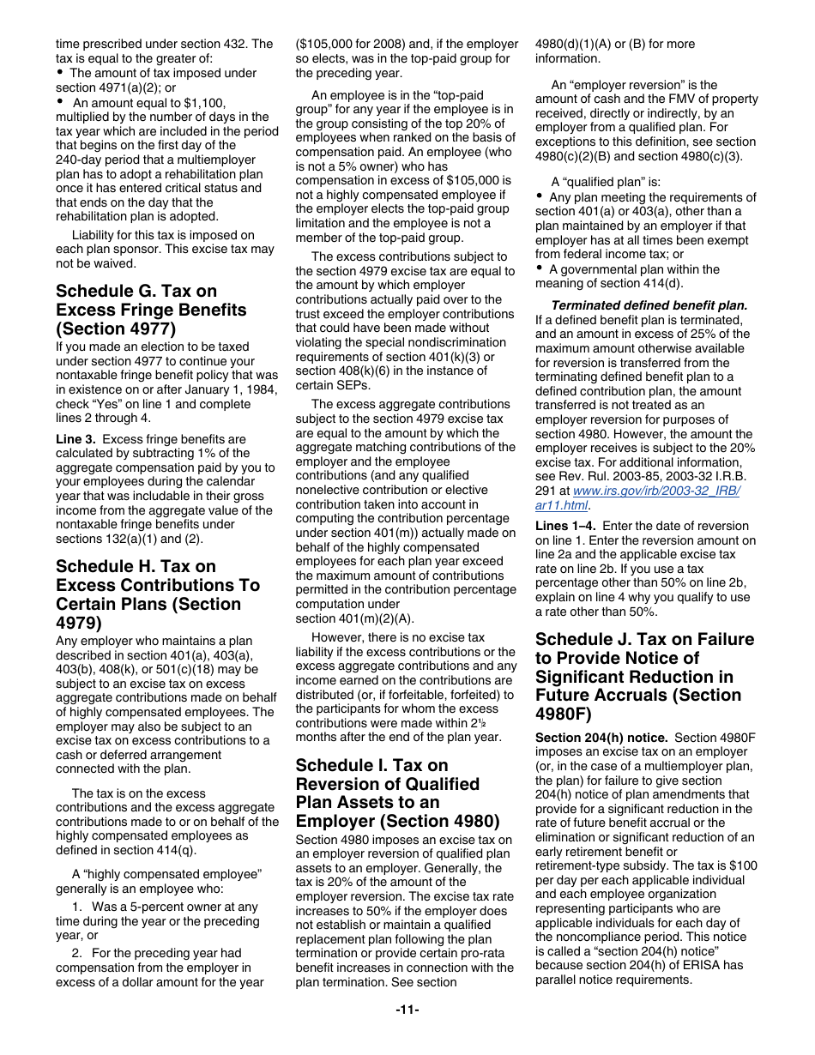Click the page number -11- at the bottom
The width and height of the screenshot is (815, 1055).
[407, 1010]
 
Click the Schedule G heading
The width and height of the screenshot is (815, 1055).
[151, 310]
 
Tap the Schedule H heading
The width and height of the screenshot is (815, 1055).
[157, 594]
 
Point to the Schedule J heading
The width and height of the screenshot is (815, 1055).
[644, 676]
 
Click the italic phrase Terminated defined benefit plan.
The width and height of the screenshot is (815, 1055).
[649, 305]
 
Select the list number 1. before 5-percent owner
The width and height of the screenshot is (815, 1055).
[77, 907]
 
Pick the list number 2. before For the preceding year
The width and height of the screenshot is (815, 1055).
[77, 953]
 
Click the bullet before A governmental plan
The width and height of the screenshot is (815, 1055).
[540, 269]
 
